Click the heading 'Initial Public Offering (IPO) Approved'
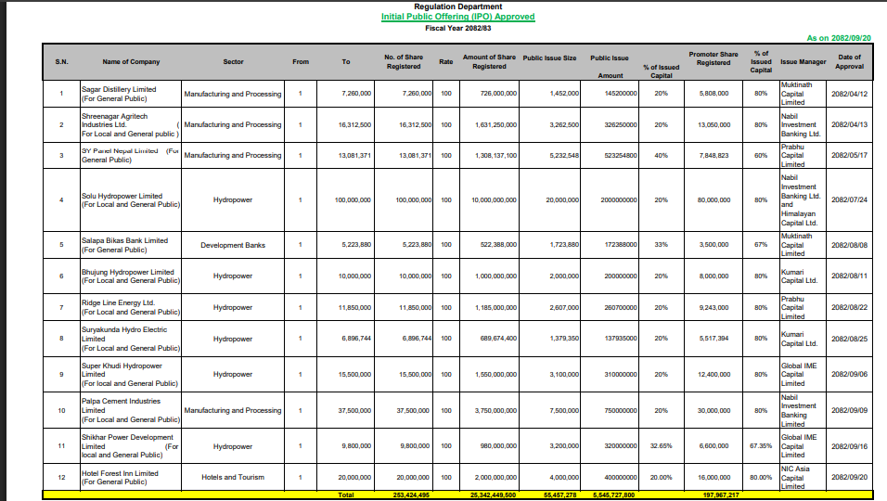tap(457, 17)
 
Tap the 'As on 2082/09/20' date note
tap(838, 38)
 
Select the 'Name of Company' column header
tap(131, 62)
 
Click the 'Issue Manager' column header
tap(803, 62)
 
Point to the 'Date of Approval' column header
tap(849, 62)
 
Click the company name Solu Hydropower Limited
tap(122, 197)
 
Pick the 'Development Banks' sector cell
tap(233, 246)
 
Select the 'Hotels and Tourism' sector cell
tap(233, 478)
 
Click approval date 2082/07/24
tap(849, 200)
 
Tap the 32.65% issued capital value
tap(661, 446)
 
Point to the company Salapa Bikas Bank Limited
tap(124, 241)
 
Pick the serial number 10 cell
tap(61, 411)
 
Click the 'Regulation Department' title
tap(457, 6)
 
